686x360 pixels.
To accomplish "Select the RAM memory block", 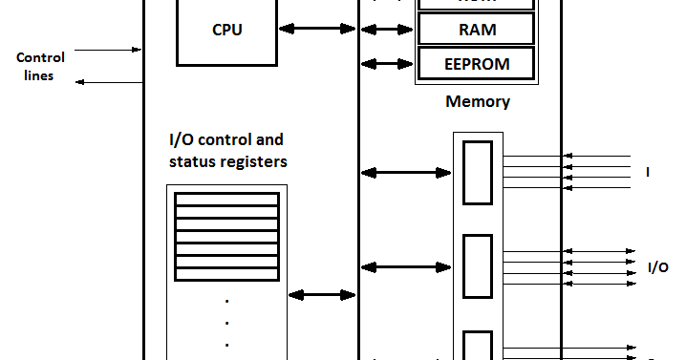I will tap(477, 30).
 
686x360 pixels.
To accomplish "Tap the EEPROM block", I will tap(477, 64).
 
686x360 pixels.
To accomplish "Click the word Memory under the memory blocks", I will tap(478, 101).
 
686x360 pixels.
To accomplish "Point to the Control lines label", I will tap(41, 67).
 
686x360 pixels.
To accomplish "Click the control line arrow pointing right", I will tap(108, 49).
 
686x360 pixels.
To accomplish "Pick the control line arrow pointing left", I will tap(108, 82).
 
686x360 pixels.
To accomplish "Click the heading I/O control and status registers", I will tap(227, 151).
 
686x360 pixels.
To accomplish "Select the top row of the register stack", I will tap(227, 201).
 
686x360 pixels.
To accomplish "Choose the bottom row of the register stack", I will tap(227, 275).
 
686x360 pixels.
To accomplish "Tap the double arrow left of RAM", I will tap(388, 31).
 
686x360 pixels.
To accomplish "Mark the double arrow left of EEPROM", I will tap(388, 64).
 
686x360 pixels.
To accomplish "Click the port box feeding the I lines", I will tap(478, 173).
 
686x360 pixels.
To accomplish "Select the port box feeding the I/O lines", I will tap(478, 266).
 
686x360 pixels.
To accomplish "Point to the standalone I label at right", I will tap(648, 173).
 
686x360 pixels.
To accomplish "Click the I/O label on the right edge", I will tap(657, 267).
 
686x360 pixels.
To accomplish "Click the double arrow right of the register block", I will tap(323, 295).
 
